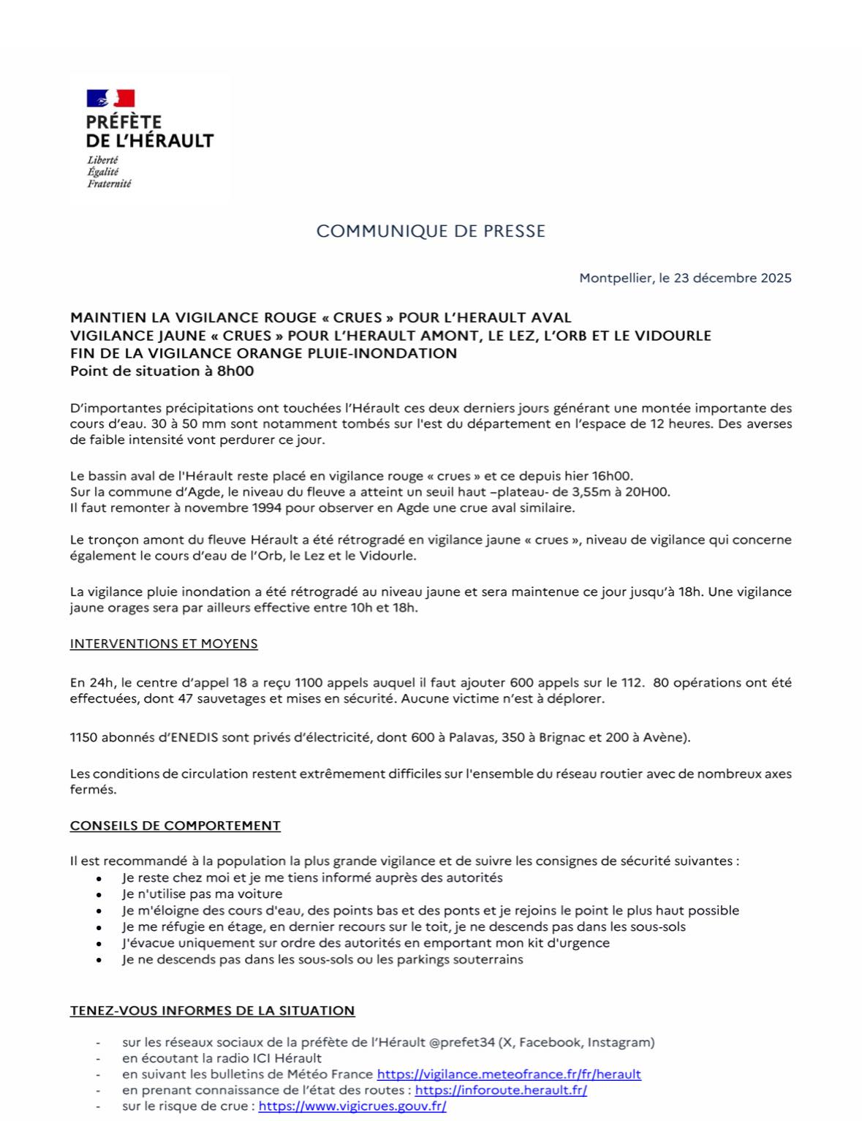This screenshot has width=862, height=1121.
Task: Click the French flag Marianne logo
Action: (x=110, y=98)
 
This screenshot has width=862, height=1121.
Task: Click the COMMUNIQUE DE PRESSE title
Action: (x=431, y=231)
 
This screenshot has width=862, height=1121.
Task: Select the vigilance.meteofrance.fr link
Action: (x=509, y=1074)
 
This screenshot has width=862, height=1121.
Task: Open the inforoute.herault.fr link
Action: (x=501, y=1090)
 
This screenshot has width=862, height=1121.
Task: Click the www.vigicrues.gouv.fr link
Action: (x=352, y=1106)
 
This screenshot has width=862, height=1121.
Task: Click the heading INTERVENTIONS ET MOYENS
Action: (x=164, y=644)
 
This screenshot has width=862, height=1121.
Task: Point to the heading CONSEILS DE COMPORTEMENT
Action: (x=175, y=826)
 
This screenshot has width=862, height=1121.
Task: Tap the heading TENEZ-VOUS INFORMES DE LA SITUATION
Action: (x=212, y=1011)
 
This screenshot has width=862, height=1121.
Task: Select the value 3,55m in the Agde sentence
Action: (x=583, y=491)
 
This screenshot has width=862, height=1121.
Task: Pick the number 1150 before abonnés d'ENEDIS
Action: (x=83, y=737)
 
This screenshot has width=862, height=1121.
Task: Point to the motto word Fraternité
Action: (x=109, y=184)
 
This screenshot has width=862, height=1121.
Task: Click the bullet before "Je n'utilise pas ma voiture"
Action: (x=99, y=894)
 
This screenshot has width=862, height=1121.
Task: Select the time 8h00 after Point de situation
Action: (x=235, y=371)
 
